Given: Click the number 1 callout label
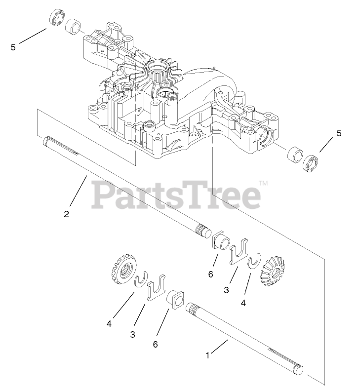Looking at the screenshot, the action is tap(208, 355).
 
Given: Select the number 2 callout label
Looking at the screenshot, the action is tap(66, 214).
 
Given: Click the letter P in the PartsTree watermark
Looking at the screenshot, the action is tap(102, 195).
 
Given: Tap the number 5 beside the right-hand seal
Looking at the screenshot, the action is tap(338, 133).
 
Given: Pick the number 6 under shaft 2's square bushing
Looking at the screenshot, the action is tap(210, 274).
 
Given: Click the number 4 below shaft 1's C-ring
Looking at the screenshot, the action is tap(108, 324).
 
